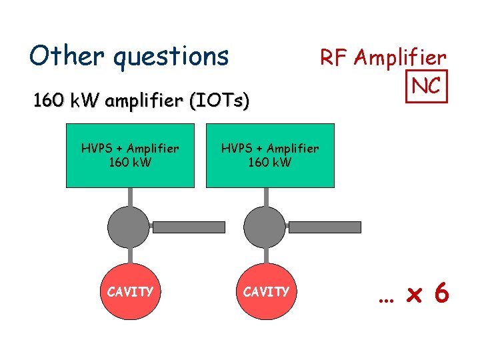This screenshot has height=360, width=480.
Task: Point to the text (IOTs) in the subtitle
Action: [x=219, y=102]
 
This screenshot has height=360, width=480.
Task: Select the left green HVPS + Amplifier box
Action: [x=130, y=155]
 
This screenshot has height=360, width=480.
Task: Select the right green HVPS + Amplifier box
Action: [x=270, y=155]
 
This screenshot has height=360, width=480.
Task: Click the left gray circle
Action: [x=130, y=227]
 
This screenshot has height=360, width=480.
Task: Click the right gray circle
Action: [x=266, y=227]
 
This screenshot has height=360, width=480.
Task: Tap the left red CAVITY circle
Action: [x=130, y=291]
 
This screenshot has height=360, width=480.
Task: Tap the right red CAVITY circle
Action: [x=266, y=291]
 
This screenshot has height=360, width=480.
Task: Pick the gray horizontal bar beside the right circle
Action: [x=324, y=227]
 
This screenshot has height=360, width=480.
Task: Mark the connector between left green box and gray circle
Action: [x=130, y=196]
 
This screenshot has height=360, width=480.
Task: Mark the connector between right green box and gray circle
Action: [x=266, y=196]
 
